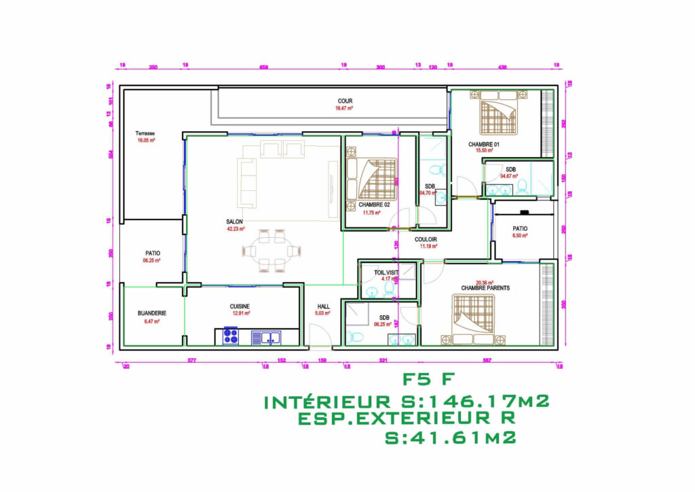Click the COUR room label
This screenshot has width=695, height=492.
coord(345,101)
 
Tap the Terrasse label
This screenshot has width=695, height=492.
coord(145,133)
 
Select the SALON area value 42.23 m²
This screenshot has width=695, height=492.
coord(236,229)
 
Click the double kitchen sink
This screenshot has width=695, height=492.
coord(266,336)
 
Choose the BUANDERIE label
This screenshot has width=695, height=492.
coord(151,313)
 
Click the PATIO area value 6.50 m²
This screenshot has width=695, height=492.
coord(520,236)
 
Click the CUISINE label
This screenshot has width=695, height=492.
coord(240,306)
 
